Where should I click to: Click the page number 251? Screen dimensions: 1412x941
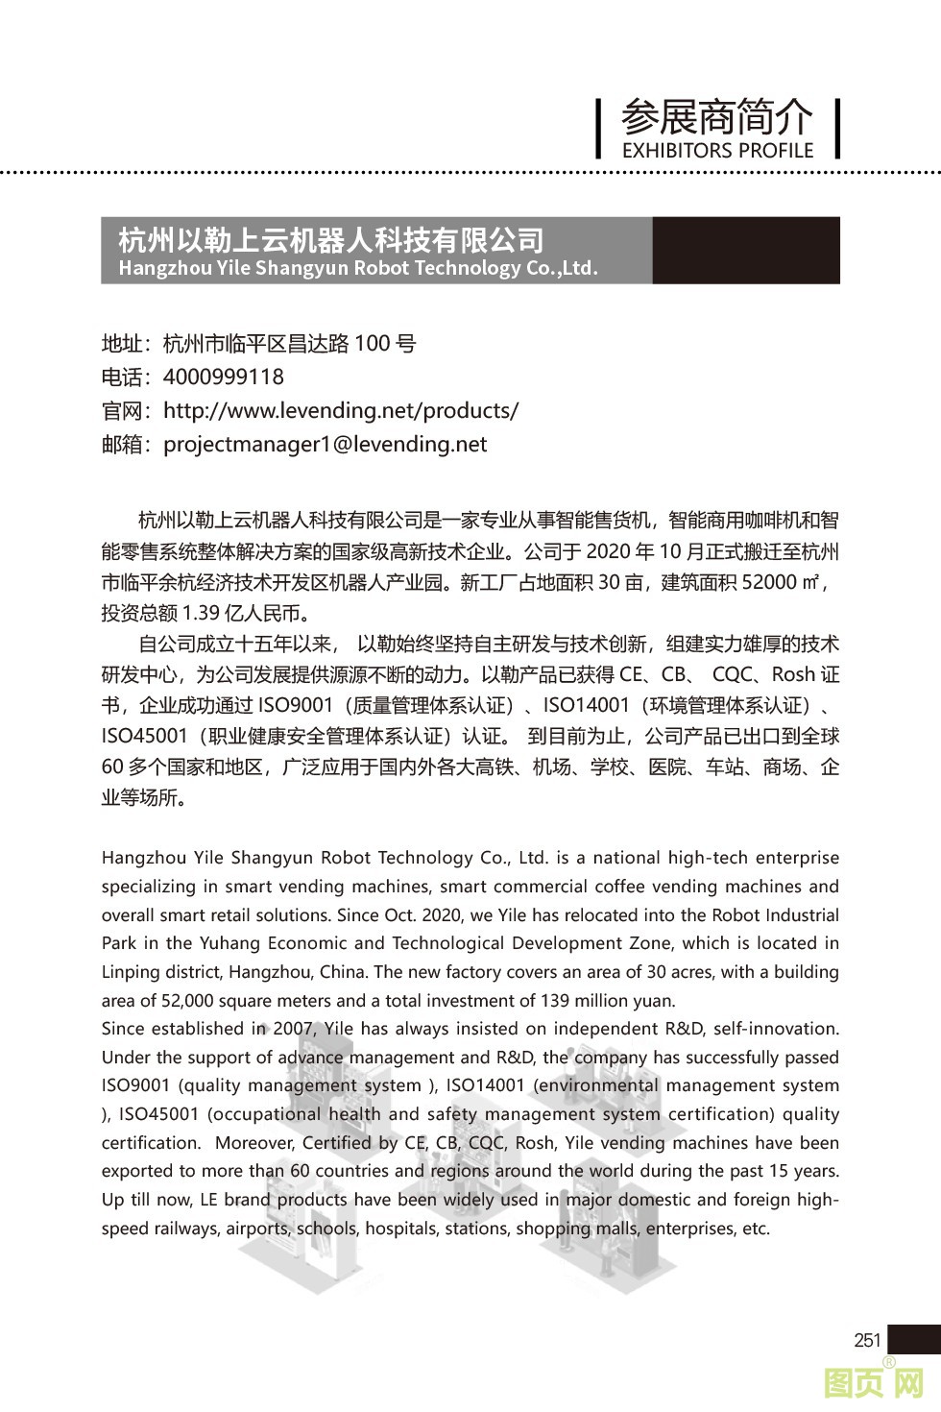pos(867,1339)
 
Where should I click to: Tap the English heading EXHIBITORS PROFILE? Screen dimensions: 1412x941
pos(717,150)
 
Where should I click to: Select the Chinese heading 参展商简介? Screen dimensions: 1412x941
pos(717,117)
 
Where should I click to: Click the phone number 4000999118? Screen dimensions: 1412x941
pos(224,377)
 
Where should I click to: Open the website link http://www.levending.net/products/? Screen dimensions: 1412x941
pos(341,410)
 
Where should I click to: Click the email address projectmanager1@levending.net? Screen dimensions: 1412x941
pos(326,444)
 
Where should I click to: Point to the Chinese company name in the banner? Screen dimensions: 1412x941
pos(330,239)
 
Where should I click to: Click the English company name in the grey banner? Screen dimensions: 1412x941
pos(358,268)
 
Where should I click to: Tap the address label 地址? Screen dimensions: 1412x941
pos(122,343)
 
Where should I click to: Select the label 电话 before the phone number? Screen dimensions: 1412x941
pos(122,377)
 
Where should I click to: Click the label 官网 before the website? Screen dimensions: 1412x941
pos(122,411)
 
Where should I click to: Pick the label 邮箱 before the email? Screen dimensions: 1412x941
pos(122,445)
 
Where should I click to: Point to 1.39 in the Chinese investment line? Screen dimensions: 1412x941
pos(200,612)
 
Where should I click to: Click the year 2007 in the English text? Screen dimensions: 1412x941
pos(294,1028)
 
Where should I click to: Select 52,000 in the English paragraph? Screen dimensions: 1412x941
pos(187,1000)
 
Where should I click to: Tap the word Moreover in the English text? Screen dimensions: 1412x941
pos(253,1142)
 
